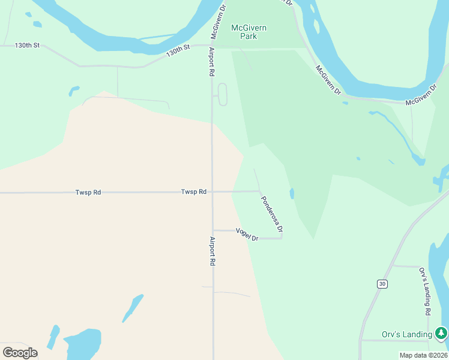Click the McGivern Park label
click(x=249, y=32)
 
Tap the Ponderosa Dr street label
click(x=271, y=214)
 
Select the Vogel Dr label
click(x=247, y=235)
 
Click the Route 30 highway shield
click(x=382, y=283)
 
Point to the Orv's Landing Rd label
click(x=424, y=292)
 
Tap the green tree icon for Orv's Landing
click(x=441, y=332)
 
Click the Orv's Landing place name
click(x=407, y=334)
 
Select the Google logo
click(x=20, y=352)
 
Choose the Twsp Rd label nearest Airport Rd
click(x=194, y=192)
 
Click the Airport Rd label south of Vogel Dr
click(x=212, y=251)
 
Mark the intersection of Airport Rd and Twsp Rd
click(x=212, y=192)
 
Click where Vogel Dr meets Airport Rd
click(x=212, y=230)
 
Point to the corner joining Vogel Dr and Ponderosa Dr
click(x=282, y=238)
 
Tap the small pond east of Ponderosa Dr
click(x=292, y=194)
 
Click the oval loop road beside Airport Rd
click(x=222, y=95)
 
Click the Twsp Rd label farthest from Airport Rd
click(x=88, y=193)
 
